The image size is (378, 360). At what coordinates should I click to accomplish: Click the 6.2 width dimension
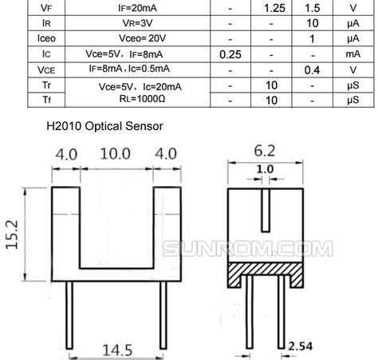pyautogui.click(x=266, y=148)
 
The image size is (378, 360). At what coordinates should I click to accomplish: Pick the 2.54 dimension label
pyautogui.click(x=301, y=345)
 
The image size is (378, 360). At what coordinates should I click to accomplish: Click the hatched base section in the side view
pyautogui.click(x=266, y=276)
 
